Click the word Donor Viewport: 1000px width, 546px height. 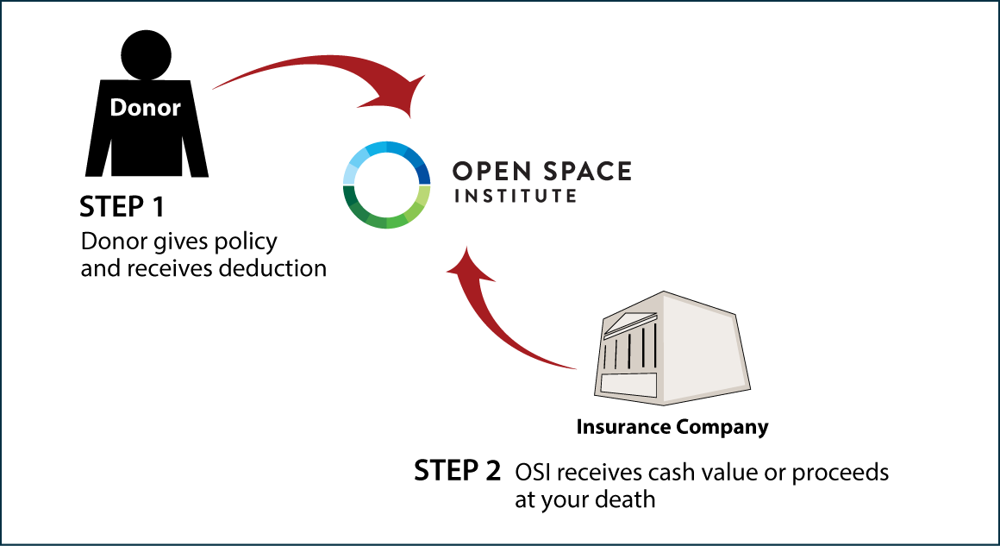[145, 108]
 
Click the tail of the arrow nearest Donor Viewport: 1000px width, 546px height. [217, 86]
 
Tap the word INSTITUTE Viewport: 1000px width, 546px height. [516, 197]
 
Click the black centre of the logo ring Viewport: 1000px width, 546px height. [386, 185]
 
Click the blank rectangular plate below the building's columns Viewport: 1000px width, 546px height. [628, 386]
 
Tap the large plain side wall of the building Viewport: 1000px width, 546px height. [703, 349]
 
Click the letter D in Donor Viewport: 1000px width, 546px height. [117, 108]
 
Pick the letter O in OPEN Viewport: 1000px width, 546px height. [461, 171]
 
